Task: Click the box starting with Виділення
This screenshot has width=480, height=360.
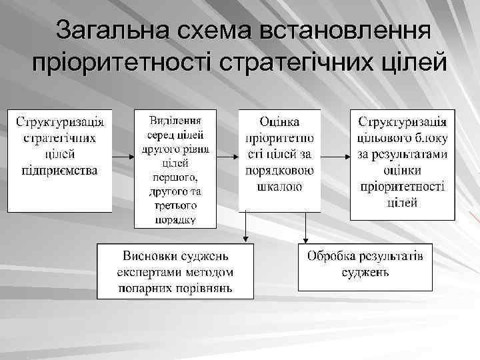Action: tap(175, 169)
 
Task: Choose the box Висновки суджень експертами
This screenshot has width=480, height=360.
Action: tap(175, 271)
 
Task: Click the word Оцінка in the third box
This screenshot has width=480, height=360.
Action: tap(279, 123)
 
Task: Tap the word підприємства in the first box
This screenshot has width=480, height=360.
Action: tap(60, 171)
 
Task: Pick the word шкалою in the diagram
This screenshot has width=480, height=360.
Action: tap(279, 187)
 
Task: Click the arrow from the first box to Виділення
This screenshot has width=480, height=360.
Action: tap(123, 157)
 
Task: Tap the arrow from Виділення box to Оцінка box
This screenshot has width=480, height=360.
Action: tap(228, 157)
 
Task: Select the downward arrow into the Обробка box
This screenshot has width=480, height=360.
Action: tap(305, 230)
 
